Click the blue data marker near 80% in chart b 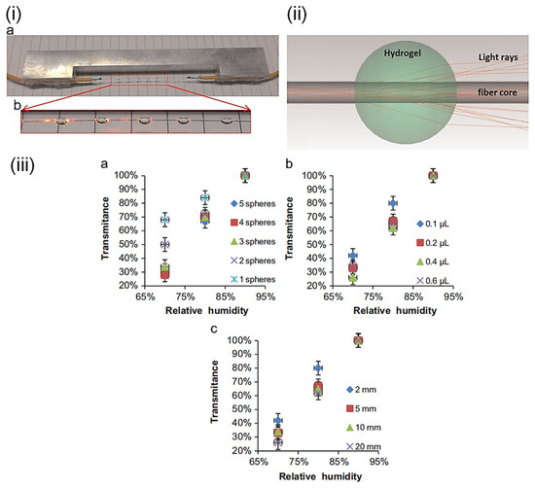tap(392, 203)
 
